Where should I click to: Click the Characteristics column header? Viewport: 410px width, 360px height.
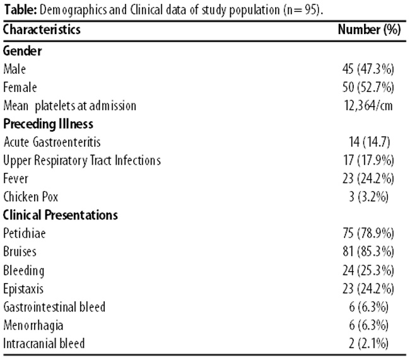[x=42, y=29]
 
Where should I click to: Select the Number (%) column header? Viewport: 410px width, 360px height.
[x=369, y=29]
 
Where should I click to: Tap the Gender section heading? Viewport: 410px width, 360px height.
[x=22, y=50]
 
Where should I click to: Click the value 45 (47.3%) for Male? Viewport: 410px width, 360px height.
[x=368, y=69]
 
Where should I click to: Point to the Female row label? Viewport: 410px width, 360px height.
[x=20, y=87]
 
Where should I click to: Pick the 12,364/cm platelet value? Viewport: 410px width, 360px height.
[x=368, y=106]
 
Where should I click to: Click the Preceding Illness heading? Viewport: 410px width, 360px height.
[x=48, y=124]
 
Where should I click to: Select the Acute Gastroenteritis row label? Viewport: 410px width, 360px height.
[x=52, y=142]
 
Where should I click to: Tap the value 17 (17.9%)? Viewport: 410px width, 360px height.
[x=368, y=160]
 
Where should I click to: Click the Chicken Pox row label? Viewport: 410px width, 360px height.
[x=31, y=197]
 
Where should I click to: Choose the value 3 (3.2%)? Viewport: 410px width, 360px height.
[x=368, y=197]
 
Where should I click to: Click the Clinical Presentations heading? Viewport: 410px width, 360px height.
[x=61, y=215]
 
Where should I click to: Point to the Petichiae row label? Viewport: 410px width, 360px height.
[x=25, y=233]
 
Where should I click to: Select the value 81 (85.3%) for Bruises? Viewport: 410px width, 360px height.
[x=368, y=251]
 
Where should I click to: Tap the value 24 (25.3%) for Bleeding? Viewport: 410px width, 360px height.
[x=368, y=270]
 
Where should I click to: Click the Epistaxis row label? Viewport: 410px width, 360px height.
[x=23, y=289]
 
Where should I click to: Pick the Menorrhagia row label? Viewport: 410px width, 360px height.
[x=33, y=326]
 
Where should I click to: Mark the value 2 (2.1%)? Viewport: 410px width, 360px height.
[x=368, y=343]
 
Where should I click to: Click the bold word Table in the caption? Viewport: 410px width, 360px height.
[x=20, y=10]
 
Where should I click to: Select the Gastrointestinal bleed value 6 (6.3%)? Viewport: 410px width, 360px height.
[x=368, y=306]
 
